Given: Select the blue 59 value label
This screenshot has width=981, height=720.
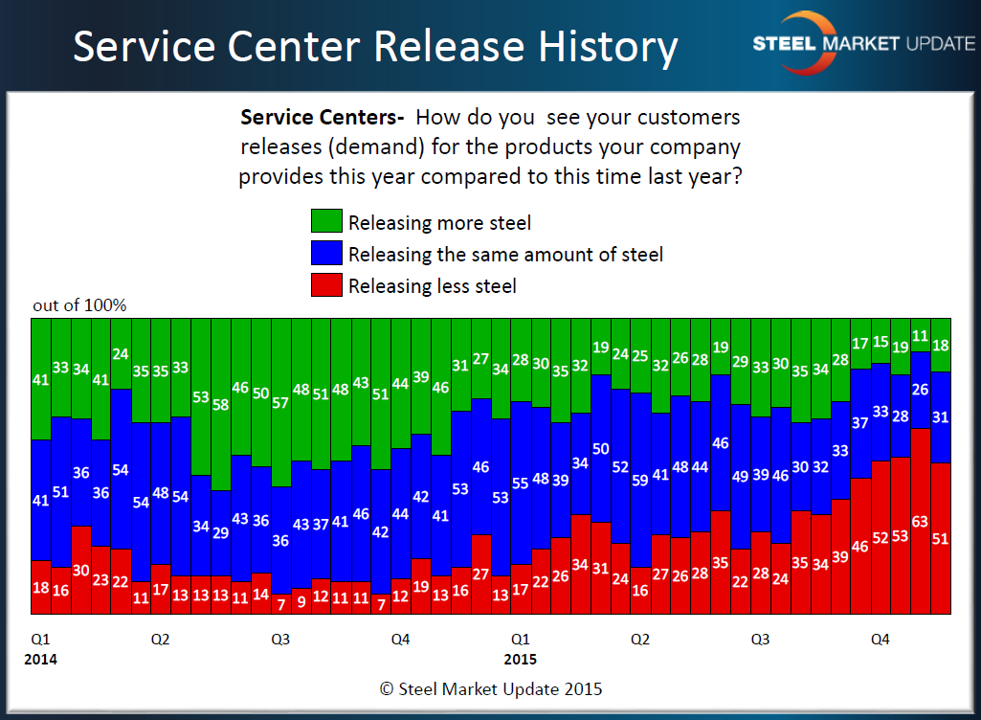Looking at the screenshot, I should pyautogui.click(x=640, y=482).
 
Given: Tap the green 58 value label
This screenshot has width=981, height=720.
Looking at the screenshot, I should pyautogui.click(x=221, y=405).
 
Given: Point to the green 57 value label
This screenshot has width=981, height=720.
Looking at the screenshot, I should pyautogui.click(x=281, y=403).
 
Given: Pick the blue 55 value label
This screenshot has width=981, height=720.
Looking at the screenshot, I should pyautogui.click(x=521, y=484).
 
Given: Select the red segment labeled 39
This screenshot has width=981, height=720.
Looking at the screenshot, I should pyautogui.click(x=840, y=556).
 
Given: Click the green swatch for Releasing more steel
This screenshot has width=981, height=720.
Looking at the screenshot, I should pyautogui.click(x=325, y=222).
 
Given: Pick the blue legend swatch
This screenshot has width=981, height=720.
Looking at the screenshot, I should pyautogui.click(x=325, y=254).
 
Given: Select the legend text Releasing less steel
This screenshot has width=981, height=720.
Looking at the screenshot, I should pyautogui.click(x=432, y=285).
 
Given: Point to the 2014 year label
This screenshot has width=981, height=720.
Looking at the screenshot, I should pyautogui.click(x=40, y=659).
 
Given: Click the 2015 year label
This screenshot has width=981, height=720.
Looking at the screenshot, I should pyautogui.click(x=520, y=659).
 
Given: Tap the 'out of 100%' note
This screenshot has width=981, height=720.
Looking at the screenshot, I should pyautogui.click(x=79, y=305).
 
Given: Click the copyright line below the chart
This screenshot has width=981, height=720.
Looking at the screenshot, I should pyautogui.click(x=491, y=688).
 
